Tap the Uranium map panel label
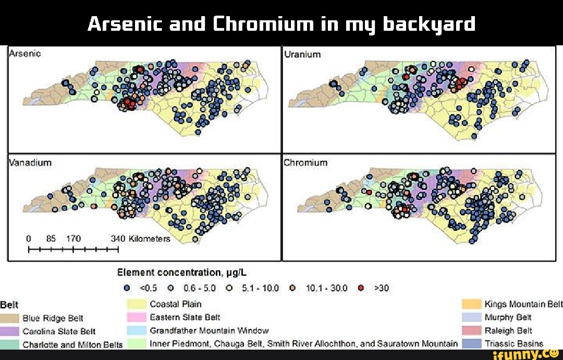(303, 54)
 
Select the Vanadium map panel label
(30, 162)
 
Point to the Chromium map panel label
(305, 162)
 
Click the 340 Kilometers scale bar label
(141, 239)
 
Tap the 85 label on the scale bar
(51, 239)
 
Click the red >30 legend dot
(361, 288)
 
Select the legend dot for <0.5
(127, 288)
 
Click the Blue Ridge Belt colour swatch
(9, 318)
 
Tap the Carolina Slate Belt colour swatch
(9, 331)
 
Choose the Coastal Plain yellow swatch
(137, 304)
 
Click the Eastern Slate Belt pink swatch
(137, 317)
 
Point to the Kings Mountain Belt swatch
(471, 304)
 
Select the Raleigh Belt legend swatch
(471, 330)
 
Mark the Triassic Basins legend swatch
(471, 343)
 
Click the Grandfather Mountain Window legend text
(209, 330)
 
